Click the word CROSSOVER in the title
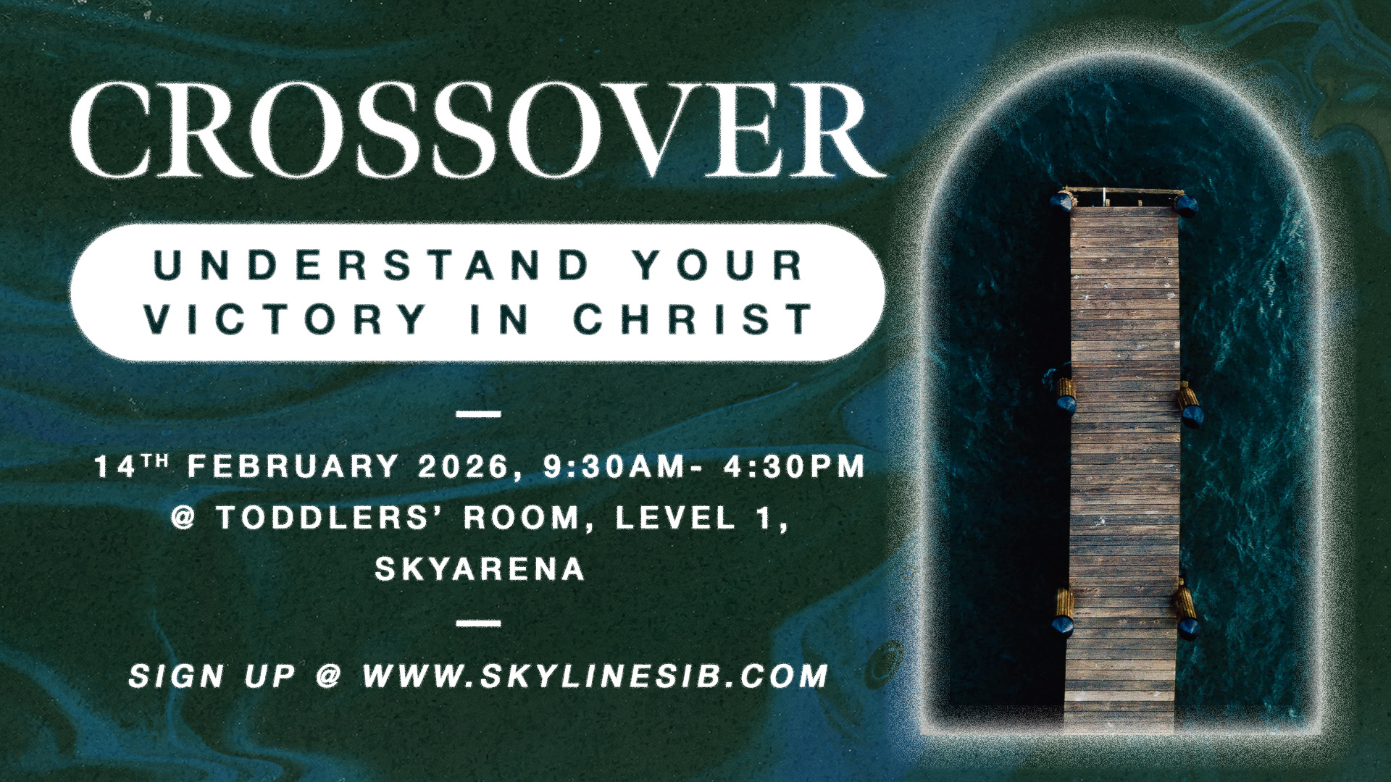(477, 130)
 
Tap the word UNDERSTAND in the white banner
(373, 265)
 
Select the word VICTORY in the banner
(285, 319)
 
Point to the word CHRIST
(694, 319)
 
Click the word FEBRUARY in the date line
(293, 466)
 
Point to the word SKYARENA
(480, 569)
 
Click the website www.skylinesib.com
(595, 676)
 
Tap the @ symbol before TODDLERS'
(184, 518)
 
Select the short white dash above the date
(480, 415)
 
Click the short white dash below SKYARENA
(480, 623)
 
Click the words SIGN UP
(212, 676)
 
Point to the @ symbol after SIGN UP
(328, 676)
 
